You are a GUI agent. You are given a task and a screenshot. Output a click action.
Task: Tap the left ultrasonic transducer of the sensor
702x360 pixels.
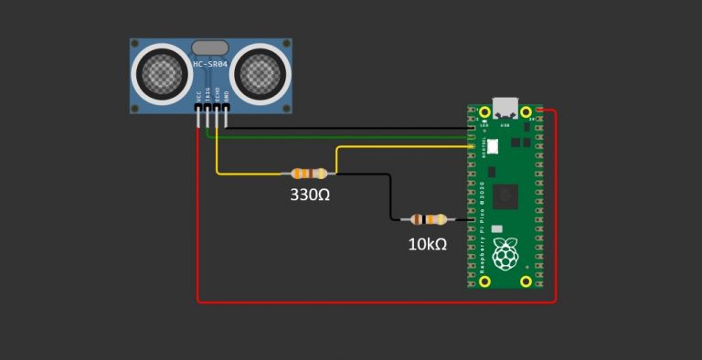(x=162, y=72)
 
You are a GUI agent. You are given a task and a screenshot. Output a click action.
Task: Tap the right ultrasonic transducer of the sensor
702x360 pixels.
(x=259, y=72)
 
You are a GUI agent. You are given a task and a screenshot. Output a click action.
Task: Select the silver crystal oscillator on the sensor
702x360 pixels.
(x=210, y=46)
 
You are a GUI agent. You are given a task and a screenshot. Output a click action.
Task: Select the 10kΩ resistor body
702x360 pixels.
(x=428, y=219)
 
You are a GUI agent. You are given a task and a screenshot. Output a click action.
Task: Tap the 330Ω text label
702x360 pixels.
(x=310, y=195)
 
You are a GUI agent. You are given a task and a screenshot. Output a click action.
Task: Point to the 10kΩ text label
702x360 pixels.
(x=427, y=244)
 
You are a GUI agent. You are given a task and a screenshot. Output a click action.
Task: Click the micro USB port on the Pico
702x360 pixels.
(x=503, y=108)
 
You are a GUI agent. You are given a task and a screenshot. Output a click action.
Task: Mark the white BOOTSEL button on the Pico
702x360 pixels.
(x=493, y=145)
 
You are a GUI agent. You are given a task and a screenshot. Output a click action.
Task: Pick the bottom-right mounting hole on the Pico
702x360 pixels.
(x=526, y=281)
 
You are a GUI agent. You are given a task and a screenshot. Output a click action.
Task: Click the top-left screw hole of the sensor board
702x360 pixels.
(x=135, y=44)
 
